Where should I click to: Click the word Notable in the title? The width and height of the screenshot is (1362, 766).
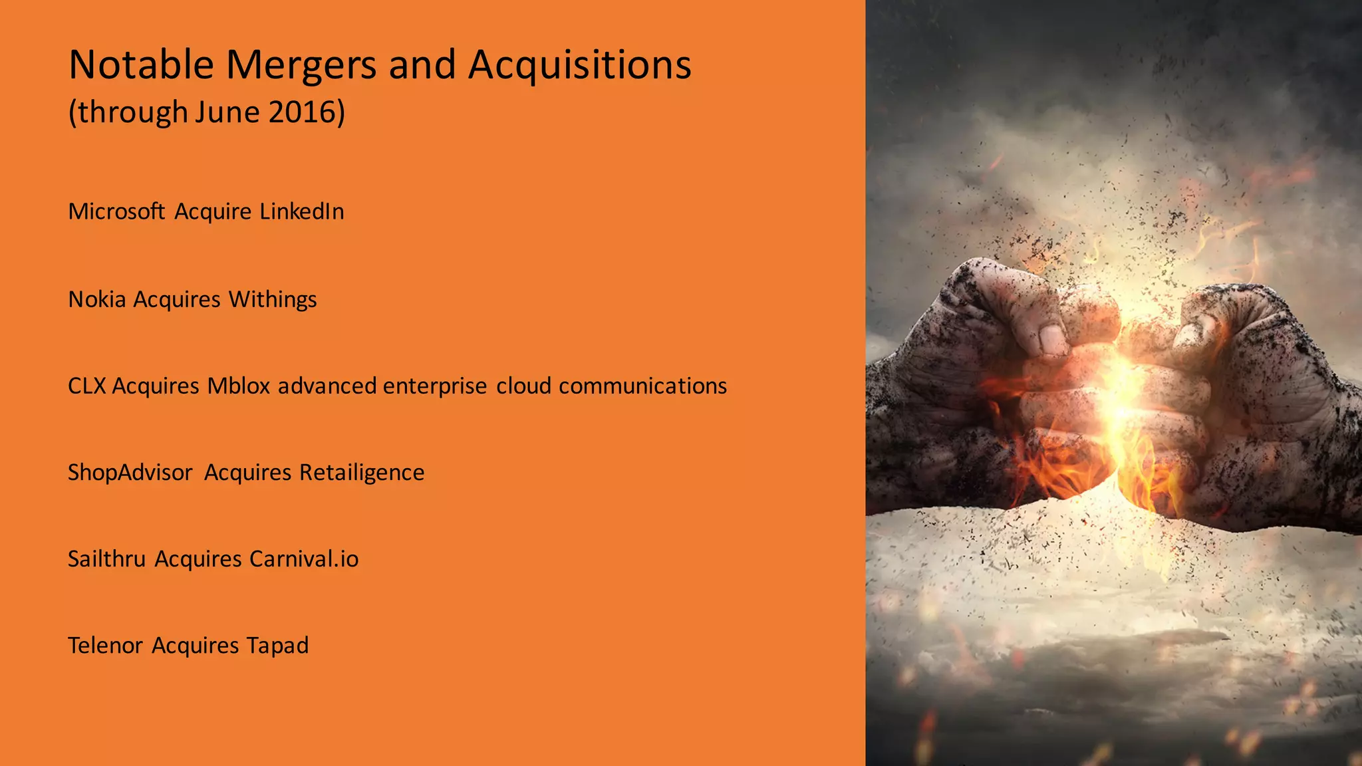click(141, 64)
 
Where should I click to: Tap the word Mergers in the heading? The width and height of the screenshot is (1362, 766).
click(302, 64)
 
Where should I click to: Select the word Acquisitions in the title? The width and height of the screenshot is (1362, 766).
click(579, 64)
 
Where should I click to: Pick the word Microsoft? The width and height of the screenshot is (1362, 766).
click(116, 211)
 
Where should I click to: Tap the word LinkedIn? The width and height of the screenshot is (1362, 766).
click(302, 211)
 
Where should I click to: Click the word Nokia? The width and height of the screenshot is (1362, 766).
click(97, 299)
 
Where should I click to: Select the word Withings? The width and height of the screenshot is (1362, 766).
click(273, 299)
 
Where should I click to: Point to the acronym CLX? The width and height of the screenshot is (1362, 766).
click(86, 386)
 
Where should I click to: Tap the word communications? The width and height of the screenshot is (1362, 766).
click(642, 386)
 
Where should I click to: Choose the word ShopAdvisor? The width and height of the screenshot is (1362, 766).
click(130, 472)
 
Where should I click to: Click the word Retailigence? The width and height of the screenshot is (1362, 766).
click(362, 472)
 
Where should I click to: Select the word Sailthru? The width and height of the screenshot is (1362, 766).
click(106, 559)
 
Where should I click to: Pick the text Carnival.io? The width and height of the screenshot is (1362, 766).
click(304, 559)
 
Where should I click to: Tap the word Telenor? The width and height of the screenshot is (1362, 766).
click(105, 645)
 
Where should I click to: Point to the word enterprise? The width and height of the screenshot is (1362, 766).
click(435, 386)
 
